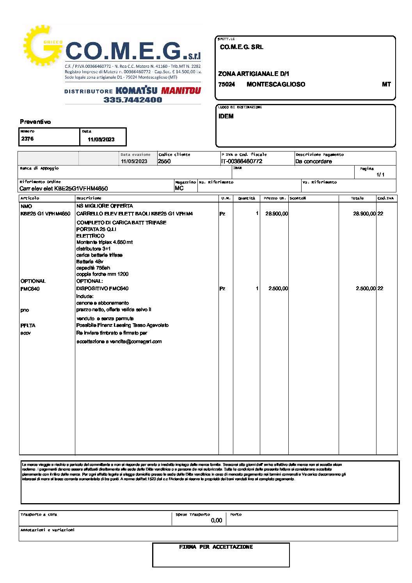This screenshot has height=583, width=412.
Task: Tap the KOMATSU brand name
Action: click(x=137, y=91)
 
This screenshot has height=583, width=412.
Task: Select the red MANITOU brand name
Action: click(x=181, y=91)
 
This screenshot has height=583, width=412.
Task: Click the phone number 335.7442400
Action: click(x=133, y=100)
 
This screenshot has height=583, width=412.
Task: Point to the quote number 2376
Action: click(x=27, y=139)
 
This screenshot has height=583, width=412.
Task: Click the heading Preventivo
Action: click(x=35, y=122)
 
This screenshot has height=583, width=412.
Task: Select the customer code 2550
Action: click(x=164, y=161)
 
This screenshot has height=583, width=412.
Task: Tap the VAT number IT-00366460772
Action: click(x=242, y=161)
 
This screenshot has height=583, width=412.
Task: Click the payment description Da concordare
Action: click(x=314, y=161)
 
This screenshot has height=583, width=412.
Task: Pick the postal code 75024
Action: click(x=227, y=85)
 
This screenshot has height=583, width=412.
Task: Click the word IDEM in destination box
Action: click(x=226, y=116)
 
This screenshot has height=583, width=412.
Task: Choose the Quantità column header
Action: click(x=247, y=198)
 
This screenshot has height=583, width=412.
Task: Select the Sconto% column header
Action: click(x=298, y=198)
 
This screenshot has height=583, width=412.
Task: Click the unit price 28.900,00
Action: click(x=277, y=214)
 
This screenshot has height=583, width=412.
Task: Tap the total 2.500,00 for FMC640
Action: click(x=366, y=289)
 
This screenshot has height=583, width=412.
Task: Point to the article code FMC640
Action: click(x=30, y=289)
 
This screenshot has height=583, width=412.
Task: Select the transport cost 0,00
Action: click(x=216, y=520)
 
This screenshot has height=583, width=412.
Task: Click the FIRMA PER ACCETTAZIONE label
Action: click(x=216, y=547)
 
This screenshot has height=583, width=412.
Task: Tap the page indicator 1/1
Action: click(x=380, y=174)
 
